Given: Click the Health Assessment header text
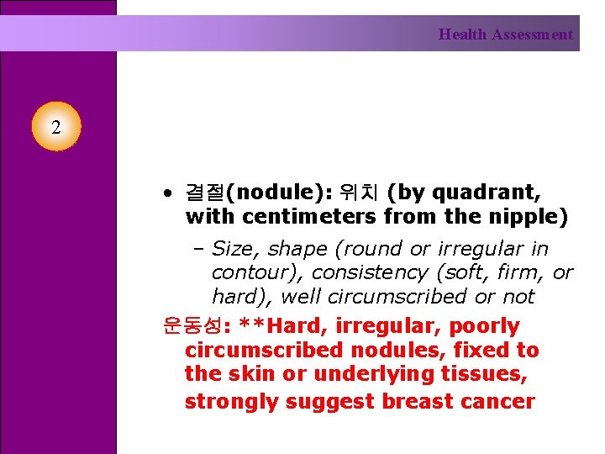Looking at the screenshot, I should [505, 34].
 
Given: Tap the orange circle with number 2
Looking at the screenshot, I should [55, 128].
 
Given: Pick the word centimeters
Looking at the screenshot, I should [310, 217].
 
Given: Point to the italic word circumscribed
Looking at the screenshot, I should [397, 296].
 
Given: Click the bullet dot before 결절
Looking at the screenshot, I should [168, 193].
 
